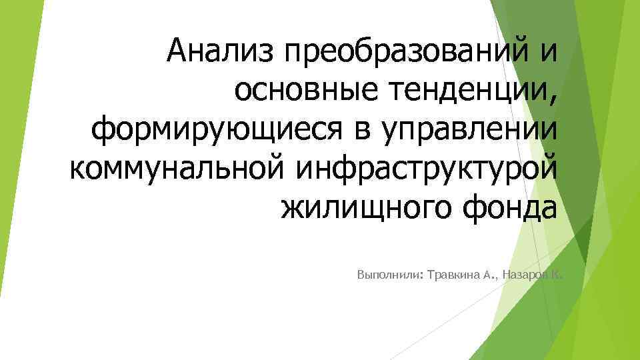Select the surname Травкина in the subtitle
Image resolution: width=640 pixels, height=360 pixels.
(453, 275)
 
